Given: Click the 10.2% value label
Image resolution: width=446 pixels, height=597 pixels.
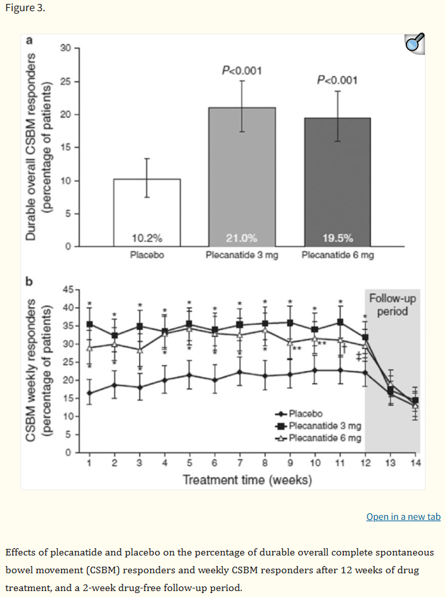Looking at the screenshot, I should [146, 238].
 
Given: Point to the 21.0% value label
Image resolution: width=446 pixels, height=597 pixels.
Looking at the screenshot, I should [242, 238].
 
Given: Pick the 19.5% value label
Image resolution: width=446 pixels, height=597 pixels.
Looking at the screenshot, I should [337, 238].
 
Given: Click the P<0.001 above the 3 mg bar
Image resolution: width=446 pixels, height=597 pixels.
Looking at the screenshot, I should [242, 70].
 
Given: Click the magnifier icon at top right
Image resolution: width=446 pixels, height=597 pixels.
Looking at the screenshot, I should [414, 43].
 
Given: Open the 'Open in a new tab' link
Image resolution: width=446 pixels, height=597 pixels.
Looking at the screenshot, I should [403, 517].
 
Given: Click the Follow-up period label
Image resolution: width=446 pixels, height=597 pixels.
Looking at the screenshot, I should [393, 304].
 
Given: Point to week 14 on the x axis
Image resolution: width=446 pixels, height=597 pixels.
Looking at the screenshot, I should [415, 463].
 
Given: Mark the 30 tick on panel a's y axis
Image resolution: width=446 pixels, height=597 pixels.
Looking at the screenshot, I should [64, 48].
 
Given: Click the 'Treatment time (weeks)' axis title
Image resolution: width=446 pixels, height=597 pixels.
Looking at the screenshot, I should [247, 480].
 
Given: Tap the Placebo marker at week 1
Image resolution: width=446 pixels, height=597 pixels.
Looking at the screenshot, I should [89, 393].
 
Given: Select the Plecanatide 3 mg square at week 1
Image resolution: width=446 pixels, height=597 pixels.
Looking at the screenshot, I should [89, 324].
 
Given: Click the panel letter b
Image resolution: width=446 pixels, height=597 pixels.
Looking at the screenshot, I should [28, 280].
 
